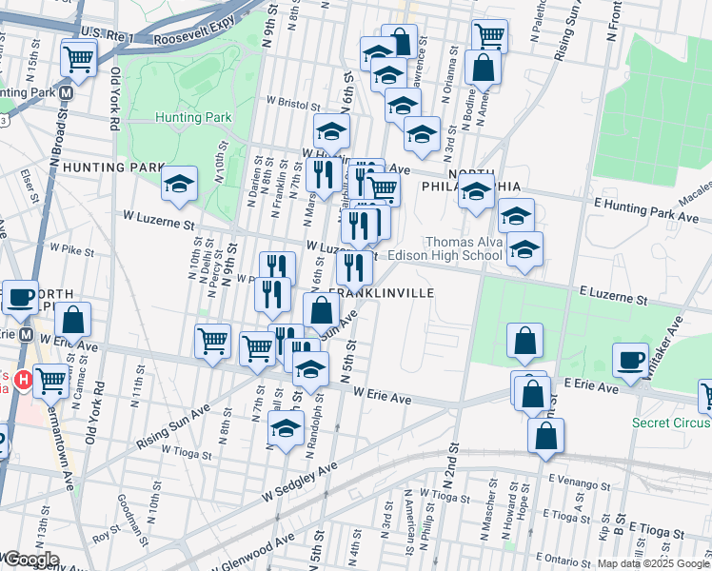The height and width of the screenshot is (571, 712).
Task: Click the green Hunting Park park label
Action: pyautogui.click(x=193, y=117)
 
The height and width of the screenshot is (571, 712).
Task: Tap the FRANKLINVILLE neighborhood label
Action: pyautogui.click(x=381, y=293)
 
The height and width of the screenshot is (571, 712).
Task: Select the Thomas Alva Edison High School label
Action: pyautogui.click(x=464, y=248)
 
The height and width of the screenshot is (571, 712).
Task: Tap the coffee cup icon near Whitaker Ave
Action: pyautogui.click(x=630, y=360)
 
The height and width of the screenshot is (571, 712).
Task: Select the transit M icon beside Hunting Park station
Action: pyautogui.click(x=67, y=94)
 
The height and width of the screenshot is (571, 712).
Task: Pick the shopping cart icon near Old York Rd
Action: pyautogui.click(x=79, y=57)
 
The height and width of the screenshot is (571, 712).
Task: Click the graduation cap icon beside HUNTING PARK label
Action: pyautogui.click(x=179, y=186)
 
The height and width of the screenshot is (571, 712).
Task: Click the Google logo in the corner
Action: pyautogui.click(x=30, y=560)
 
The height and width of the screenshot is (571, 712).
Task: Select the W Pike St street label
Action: pyautogui.click(x=69, y=247)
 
